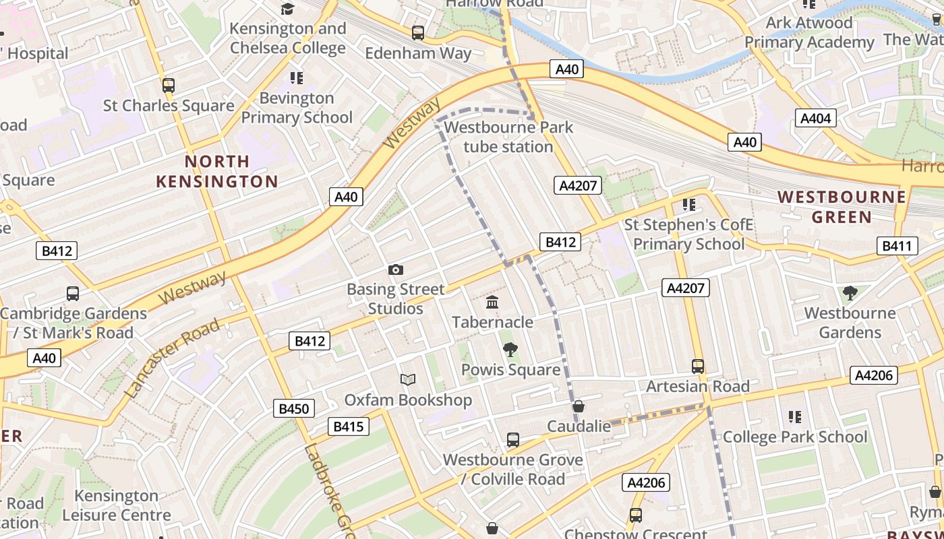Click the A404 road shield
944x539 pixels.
tap(815, 119)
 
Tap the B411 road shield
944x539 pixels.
tap(897, 246)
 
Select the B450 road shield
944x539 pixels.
tap(293, 408)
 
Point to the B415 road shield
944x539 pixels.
tap(349, 426)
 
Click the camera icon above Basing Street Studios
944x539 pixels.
tap(396, 270)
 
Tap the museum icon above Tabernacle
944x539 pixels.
tap(492, 303)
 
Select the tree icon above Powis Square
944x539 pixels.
tap(510, 350)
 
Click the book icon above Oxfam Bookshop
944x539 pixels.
tap(408, 379)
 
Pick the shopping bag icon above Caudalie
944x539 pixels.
tap(579, 406)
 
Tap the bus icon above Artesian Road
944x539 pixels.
tap(698, 367)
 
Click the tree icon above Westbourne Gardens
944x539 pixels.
tap(850, 293)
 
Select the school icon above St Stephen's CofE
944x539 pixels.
tap(688, 204)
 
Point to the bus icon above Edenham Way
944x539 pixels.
tap(418, 32)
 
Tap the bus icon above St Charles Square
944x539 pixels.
tap(169, 86)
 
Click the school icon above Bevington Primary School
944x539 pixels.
tap(297, 78)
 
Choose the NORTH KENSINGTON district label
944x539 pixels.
tap(217, 171)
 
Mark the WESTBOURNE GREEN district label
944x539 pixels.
tap(842, 207)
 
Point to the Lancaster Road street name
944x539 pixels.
tap(173, 357)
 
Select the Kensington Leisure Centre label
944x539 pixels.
tap(117, 505)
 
